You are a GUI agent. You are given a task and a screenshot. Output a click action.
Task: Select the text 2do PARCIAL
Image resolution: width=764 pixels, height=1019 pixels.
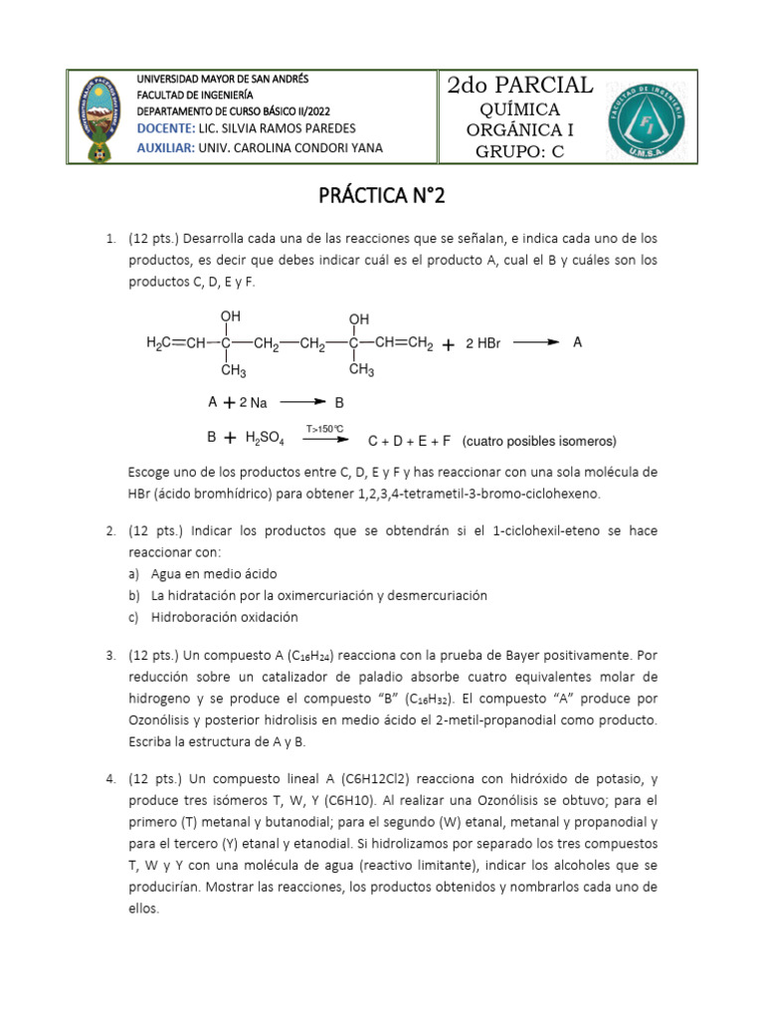click(520, 86)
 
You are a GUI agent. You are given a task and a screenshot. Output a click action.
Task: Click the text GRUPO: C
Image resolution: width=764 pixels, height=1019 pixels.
click(520, 151)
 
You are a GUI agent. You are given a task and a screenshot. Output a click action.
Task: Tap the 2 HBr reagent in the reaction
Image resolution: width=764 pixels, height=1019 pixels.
click(482, 344)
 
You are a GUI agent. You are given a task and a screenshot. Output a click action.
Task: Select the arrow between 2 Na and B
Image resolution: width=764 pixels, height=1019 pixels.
click(302, 403)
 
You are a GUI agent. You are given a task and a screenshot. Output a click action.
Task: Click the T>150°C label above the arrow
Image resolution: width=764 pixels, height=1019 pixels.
click(324, 429)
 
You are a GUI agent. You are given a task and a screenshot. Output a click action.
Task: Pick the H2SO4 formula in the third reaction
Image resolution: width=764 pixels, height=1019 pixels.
click(262, 439)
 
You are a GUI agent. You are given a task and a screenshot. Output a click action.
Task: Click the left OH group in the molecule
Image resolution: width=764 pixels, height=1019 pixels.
click(230, 317)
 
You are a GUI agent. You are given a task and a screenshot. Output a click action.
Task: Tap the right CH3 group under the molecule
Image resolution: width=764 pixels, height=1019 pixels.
click(360, 371)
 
